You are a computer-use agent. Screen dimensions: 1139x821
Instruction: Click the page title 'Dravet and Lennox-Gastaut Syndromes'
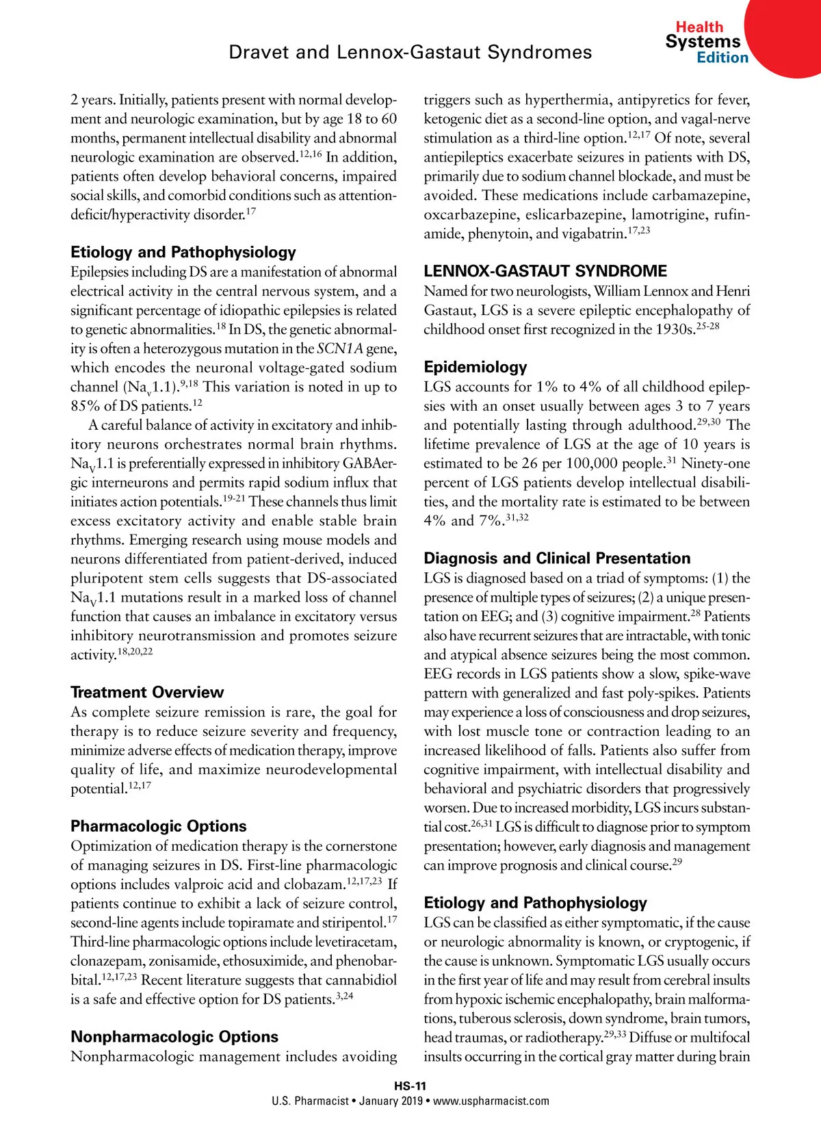[x=410, y=53]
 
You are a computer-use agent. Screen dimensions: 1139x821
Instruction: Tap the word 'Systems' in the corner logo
[x=703, y=42]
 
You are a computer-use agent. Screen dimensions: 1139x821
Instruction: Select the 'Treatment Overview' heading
[x=147, y=692]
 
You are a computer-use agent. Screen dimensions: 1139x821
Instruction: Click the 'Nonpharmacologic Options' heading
[x=174, y=1036]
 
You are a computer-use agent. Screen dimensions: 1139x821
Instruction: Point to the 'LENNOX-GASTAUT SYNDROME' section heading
[x=545, y=271]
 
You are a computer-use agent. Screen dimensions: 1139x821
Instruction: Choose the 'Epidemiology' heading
[x=475, y=367]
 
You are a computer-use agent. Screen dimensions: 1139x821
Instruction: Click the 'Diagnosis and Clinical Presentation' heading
[x=557, y=559]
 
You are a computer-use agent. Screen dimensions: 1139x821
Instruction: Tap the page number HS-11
[x=410, y=1086]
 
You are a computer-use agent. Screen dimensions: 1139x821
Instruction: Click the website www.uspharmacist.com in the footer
[x=491, y=1101]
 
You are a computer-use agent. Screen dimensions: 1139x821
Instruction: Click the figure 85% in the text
[x=85, y=407]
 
